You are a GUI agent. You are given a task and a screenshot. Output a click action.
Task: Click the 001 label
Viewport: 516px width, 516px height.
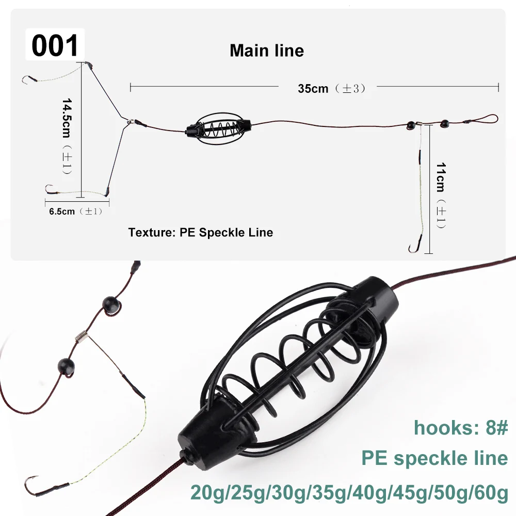pyautogui.click(x=55, y=45)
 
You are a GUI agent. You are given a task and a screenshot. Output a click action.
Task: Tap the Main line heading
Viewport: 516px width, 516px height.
pyautogui.click(x=267, y=51)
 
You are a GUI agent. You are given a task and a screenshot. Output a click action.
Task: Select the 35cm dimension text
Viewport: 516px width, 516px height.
pyautogui.click(x=313, y=88)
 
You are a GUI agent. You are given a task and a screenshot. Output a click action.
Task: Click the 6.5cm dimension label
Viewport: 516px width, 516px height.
pyautogui.click(x=62, y=211)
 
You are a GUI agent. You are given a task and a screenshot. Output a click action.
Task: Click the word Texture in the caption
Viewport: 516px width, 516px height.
pyautogui.click(x=150, y=232)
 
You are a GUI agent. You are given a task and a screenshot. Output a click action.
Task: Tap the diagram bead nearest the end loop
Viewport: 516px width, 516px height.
pyautogui.click(x=444, y=124)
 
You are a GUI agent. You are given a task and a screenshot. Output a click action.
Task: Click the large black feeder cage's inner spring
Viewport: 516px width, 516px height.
pyautogui.click(x=289, y=356)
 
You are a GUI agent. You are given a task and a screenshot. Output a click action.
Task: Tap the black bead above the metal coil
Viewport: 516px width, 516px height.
pyautogui.click(x=110, y=304)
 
